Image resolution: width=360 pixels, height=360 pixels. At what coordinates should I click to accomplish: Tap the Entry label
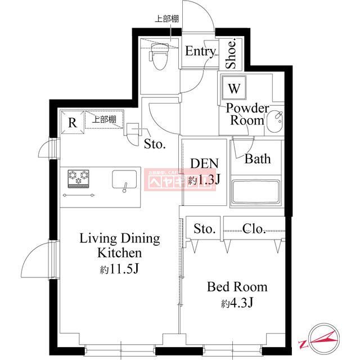[x=201, y=52]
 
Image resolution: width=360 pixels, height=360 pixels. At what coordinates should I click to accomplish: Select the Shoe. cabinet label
[x=231, y=54]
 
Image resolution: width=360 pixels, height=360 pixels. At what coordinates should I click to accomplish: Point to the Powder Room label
[x=247, y=114]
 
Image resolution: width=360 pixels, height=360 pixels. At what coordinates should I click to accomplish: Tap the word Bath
[x=258, y=159]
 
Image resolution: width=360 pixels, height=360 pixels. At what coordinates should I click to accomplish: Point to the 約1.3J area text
[x=203, y=180]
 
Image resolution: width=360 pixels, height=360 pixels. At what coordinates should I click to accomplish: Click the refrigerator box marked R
[x=72, y=121]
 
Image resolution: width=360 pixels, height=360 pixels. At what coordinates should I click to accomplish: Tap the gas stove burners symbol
[x=79, y=178]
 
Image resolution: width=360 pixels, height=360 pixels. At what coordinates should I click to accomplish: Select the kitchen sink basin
[x=124, y=179]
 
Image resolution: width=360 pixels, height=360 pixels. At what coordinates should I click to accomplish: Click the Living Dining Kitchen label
[x=119, y=245]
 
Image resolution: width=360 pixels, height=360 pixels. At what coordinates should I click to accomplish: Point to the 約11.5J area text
[x=119, y=269]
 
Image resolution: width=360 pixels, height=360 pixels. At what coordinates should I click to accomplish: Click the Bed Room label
[x=237, y=287]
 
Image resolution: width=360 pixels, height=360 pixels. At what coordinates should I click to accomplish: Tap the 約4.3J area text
[x=237, y=304]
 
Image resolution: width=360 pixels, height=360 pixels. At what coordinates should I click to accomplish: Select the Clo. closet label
[x=254, y=228]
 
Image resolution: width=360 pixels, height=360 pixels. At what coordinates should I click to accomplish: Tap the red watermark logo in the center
[x=164, y=180]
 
